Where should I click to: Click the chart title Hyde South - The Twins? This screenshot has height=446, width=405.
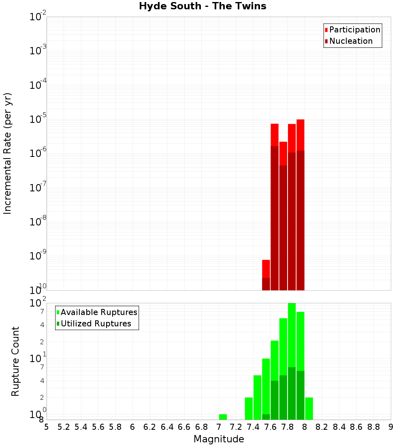coord(202,6)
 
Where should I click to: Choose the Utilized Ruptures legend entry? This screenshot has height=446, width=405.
coord(96,324)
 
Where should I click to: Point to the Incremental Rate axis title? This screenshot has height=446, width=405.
coord(8,153)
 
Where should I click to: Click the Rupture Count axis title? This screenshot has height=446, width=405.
coord(15,361)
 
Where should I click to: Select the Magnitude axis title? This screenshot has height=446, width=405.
coord(219,439)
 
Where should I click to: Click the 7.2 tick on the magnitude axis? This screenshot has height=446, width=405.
coord(236,427)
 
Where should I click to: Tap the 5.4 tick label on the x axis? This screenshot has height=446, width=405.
coord(81,427)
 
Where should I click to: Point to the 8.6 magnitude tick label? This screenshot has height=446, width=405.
coord(356,427)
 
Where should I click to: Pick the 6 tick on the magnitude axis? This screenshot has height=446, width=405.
coord(132,427)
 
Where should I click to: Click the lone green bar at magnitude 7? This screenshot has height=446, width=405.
coord(223,417)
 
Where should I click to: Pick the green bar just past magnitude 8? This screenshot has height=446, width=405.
coord(309,408)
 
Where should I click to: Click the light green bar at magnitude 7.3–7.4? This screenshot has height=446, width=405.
coord(249,408)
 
